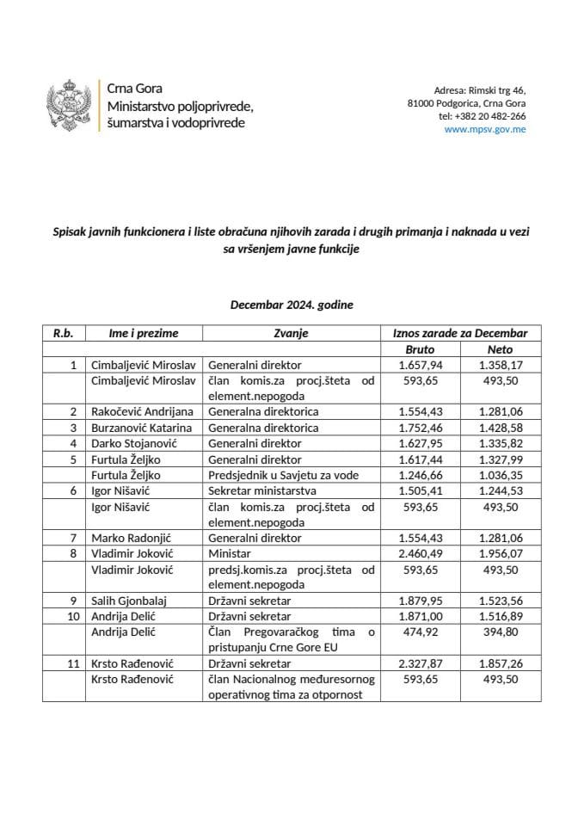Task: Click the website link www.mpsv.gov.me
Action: [x=485, y=129]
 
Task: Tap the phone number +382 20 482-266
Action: [x=482, y=116]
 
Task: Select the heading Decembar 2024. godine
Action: [x=292, y=305]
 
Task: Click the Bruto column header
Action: [x=420, y=349]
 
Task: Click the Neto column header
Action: [x=500, y=349]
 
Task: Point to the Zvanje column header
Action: [x=291, y=333]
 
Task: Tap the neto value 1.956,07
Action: [x=500, y=553]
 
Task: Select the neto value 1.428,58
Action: [x=500, y=427]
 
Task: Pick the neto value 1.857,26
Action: [x=500, y=663]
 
